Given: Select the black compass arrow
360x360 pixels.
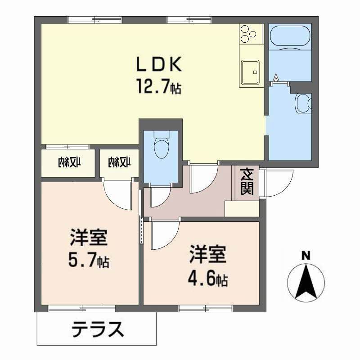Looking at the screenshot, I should tap(306, 281).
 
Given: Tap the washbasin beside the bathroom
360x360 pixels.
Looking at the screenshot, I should tap(302, 103).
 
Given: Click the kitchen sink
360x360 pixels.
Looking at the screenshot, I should tap(251, 72).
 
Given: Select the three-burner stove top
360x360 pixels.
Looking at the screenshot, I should tap(251, 33).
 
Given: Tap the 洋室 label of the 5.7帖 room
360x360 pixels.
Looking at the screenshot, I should tap(89, 238).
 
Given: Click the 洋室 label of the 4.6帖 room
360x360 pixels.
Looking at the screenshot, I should tap(207, 255).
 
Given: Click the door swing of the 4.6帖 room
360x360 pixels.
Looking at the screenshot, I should tap(163, 235).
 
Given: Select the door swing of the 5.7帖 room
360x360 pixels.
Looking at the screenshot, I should tap(118, 194).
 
